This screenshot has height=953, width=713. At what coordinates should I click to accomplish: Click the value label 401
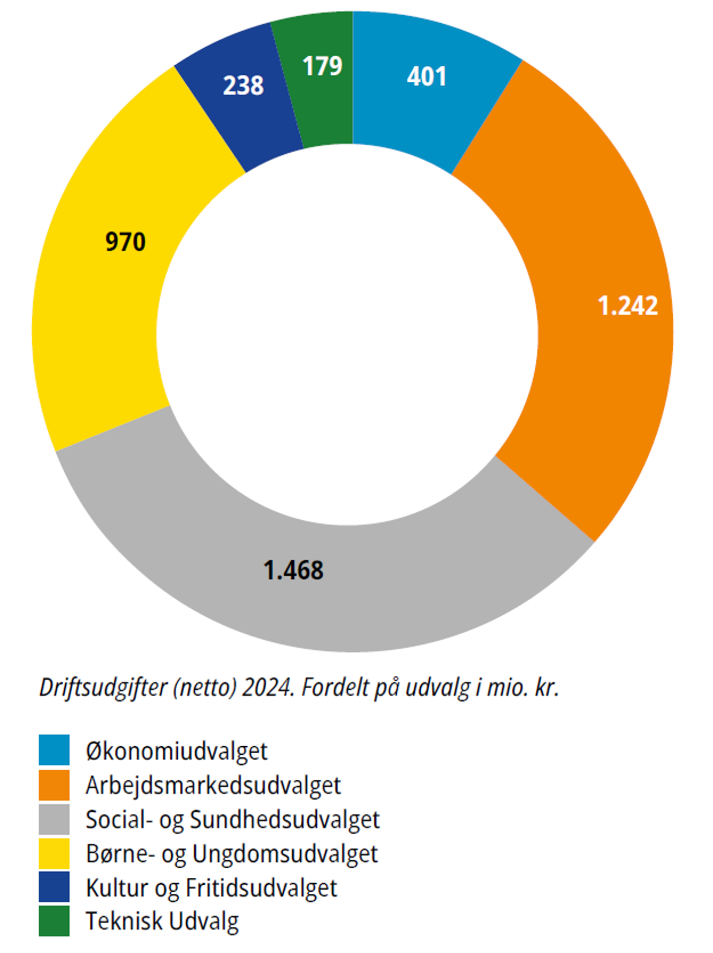point(426,77)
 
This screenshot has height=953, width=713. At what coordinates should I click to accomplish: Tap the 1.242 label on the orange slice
point(628,306)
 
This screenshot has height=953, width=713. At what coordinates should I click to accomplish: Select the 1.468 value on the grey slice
point(293,571)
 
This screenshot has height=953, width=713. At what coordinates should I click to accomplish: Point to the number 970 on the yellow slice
point(126,242)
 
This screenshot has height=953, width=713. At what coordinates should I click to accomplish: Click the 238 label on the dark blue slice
point(243,85)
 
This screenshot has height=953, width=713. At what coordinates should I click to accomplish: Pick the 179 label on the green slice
point(322,66)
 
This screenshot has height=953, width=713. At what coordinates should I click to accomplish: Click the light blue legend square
point(54,750)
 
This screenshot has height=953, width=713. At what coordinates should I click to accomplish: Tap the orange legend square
point(54,785)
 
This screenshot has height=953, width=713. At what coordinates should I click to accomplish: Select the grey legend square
point(54,819)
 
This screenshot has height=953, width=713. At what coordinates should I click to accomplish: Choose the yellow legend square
point(54,853)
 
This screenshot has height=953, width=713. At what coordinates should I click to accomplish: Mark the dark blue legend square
point(54,887)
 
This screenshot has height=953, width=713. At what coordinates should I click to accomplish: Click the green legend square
point(54,921)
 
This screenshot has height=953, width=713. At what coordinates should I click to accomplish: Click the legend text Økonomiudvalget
point(177,751)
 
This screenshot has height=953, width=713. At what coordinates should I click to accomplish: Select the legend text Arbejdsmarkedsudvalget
point(213,785)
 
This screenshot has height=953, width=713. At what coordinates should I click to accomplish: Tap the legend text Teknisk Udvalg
point(162,921)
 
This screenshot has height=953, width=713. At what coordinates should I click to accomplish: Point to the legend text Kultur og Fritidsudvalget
point(211,888)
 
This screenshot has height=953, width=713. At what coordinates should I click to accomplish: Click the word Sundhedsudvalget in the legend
point(285,820)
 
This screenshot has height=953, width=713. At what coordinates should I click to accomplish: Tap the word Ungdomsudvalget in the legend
point(285,854)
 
